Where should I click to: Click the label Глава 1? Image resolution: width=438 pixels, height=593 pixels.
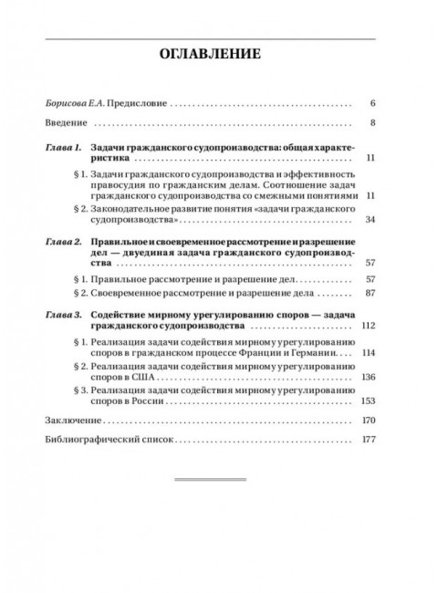[x=63, y=146]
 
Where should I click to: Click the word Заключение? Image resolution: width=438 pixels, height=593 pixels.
[x=71, y=421]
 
